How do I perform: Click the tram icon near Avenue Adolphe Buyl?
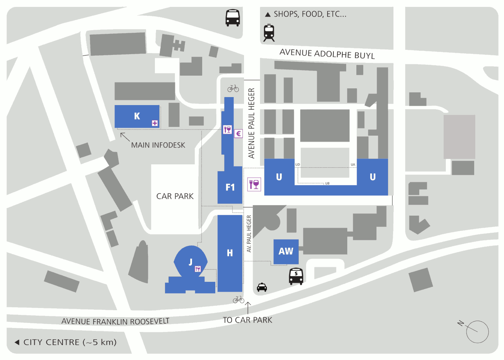[269, 33]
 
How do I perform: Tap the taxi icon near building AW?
[262, 287]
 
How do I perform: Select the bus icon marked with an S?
[296, 276]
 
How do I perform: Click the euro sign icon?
[238, 134]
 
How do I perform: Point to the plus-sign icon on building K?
[155, 123]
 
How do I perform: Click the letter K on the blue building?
[137, 116]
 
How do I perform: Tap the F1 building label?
[230, 187]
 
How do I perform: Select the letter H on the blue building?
[230, 253]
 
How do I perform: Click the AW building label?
[286, 251]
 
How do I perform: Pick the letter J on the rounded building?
[191, 262]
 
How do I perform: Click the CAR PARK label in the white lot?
[175, 196]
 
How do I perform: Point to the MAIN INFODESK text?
[158, 145]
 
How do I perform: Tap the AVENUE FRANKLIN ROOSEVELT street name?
[115, 321]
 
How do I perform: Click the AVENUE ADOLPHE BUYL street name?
[327, 54]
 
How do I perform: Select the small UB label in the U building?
[327, 183]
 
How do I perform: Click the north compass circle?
[477, 332]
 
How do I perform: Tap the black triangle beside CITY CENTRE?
[17, 342]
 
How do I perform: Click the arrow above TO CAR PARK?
[248, 307]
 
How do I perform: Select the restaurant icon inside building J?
[198, 269]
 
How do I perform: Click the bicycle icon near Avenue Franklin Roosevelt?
[239, 300]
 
